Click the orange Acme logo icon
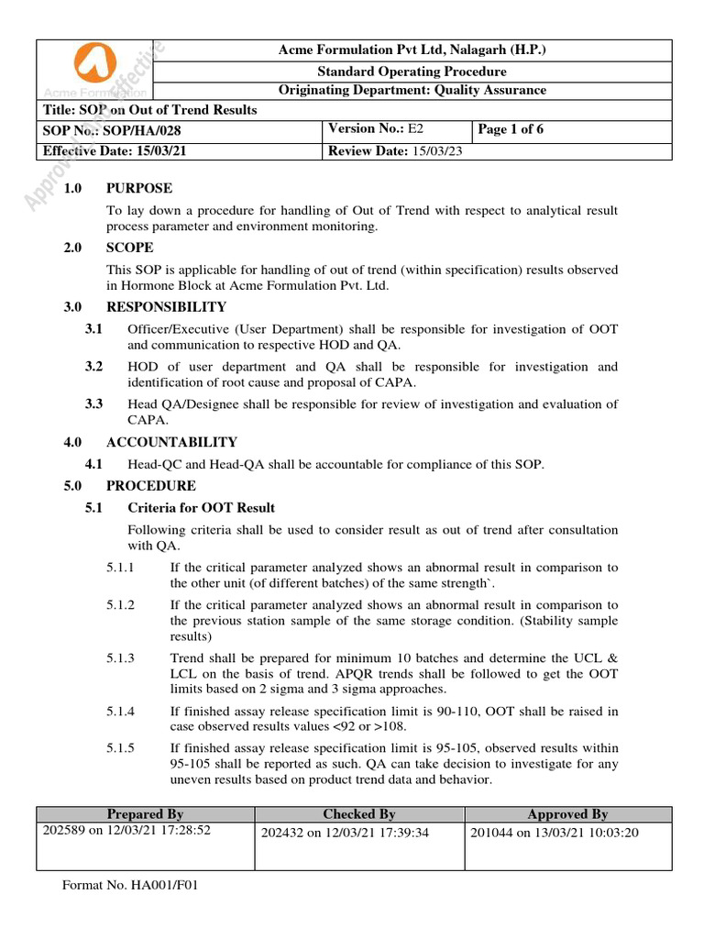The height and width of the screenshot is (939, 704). (95, 64)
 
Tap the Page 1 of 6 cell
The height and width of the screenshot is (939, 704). (511, 129)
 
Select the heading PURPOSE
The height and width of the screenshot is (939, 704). (139, 188)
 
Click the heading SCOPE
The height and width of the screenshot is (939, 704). (130, 248)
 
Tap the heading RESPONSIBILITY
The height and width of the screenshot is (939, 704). (166, 307)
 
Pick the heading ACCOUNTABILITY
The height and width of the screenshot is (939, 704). (171, 442)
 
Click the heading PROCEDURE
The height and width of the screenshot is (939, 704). (150, 486)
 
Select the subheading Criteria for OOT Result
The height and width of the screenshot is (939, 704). (201, 508)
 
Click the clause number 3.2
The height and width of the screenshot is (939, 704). (93, 367)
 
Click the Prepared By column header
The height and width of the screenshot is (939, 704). (145, 814)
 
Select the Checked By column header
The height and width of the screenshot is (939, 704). (359, 814)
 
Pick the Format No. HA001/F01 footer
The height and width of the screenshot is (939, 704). (130, 886)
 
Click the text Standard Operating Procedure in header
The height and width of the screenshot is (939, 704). (412, 71)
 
